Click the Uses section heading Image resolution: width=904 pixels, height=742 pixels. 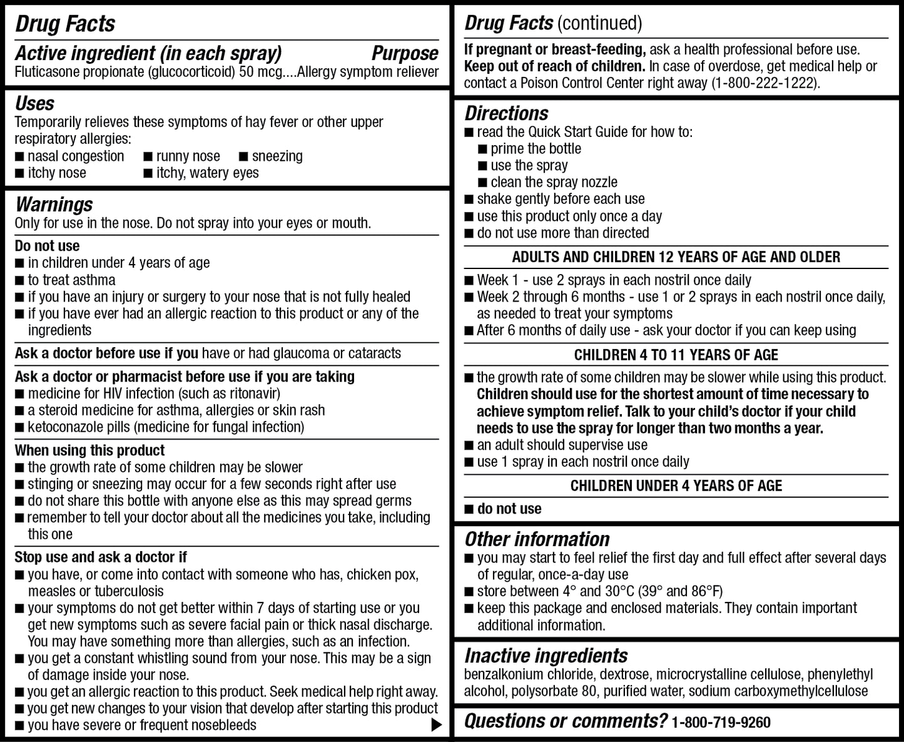pyautogui.click(x=34, y=103)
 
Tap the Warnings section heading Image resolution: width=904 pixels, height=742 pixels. pyautogui.click(x=54, y=205)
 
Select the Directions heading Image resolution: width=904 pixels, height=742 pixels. pyautogui.click(x=506, y=113)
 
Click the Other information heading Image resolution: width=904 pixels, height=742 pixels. pyautogui.click(x=537, y=539)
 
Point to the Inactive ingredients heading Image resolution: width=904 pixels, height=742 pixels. pyautogui.click(x=546, y=656)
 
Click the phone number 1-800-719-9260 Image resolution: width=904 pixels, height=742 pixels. pyautogui.click(x=721, y=723)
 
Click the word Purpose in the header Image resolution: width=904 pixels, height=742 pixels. pyautogui.click(x=404, y=54)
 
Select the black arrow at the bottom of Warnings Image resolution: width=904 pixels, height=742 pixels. pyautogui.click(x=436, y=725)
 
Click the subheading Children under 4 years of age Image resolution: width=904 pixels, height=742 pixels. pyautogui.click(x=676, y=486)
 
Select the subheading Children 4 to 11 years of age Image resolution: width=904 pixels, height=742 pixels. pyautogui.click(x=676, y=355)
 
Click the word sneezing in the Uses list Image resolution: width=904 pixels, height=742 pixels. pyautogui.click(x=277, y=156)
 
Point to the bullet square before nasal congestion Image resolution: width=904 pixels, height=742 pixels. pyautogui.click(x=19, y=156)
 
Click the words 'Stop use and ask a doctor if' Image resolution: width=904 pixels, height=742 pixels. pyautogui.click(x=101, y=557)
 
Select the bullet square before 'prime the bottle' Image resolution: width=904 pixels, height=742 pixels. pyautogui.click(x=482, y=149)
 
